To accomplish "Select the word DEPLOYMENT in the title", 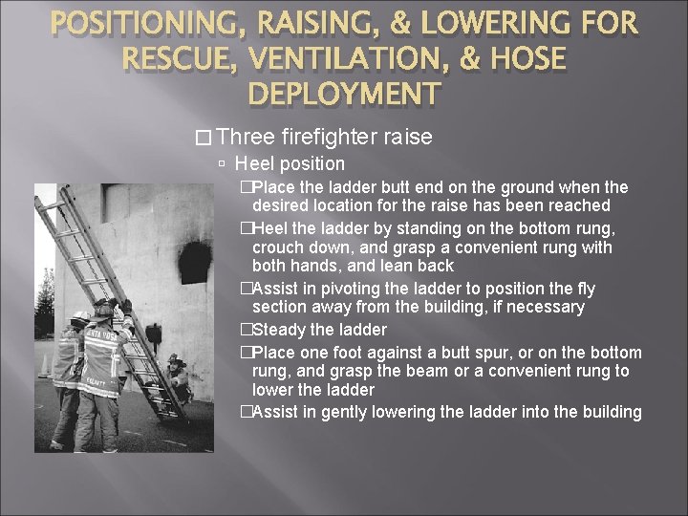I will coord(344,94).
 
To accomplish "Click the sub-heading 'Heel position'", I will coord(290,163).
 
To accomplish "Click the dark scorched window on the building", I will coord(195,262).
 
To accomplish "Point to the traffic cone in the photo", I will coord(46,366).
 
